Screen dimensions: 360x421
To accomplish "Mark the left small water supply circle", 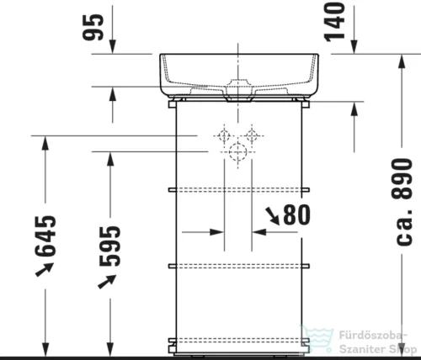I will [x=225, y=135].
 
